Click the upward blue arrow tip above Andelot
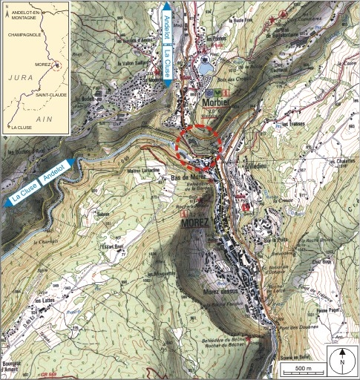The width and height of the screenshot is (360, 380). point(166,6)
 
